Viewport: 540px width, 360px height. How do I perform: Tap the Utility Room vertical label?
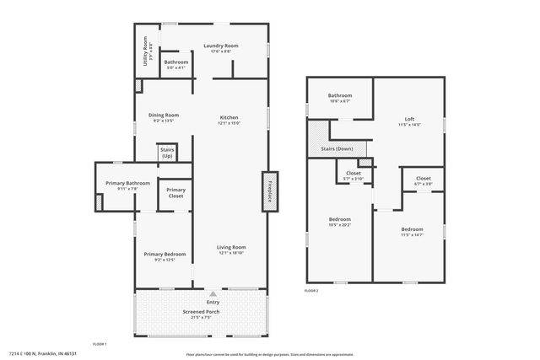146,51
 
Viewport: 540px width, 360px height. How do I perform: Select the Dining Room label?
164,115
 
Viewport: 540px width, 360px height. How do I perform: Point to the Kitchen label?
229,117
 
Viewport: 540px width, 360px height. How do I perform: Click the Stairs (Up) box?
166,153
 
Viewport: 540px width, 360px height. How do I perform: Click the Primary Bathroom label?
127,183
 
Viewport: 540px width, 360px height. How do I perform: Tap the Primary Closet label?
175,193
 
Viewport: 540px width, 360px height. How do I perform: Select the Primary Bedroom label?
165,254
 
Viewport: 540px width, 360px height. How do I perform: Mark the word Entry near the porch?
213,301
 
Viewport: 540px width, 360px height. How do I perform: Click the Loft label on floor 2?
409,119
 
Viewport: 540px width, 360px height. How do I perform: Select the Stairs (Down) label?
337,148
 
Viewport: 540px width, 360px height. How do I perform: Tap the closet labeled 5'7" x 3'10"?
354,179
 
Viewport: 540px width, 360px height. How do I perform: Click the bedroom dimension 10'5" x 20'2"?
340,225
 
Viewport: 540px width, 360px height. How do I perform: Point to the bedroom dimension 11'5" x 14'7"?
412,234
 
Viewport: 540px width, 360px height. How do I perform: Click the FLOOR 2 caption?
313,290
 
